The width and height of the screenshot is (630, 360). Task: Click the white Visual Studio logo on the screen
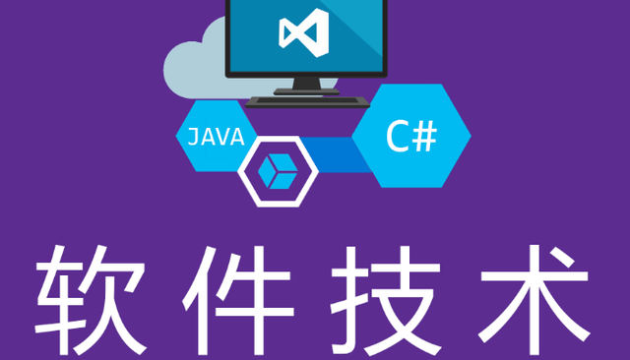[304, 32]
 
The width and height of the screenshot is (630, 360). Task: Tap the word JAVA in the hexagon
[217, 137]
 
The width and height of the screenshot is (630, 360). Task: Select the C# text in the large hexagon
[411, 137]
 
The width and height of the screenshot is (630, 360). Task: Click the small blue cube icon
[278, 171]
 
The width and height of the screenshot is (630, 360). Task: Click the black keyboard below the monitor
[307, 102]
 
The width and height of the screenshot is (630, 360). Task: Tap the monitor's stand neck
[307, 83]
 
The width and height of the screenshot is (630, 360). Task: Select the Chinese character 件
[238, 300]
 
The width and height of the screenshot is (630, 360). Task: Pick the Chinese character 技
[386, 300]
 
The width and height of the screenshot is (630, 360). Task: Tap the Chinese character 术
[535, 300]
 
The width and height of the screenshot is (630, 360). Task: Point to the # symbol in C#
[425, 137]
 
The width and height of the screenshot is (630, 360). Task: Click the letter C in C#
[398, 137]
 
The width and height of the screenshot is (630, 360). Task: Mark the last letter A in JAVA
[237, 137]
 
